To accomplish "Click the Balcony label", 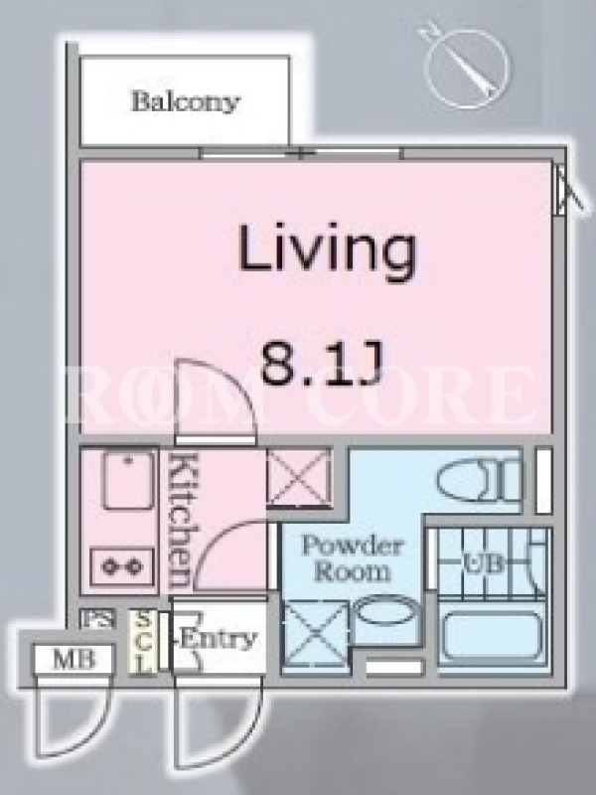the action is [185, 102].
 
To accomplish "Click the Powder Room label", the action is [353, 559].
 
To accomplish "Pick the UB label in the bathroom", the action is [483, 562].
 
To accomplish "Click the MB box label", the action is [74, 660].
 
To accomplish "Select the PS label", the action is [97, 619].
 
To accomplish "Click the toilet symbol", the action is [479, 481].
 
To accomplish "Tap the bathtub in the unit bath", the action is [492, 636].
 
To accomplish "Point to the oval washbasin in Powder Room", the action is [386, 611].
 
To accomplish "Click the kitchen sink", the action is [128, 480].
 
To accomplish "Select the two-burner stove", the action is [122, 566].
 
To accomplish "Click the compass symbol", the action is [464, 66].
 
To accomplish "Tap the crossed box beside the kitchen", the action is [299, 478].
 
